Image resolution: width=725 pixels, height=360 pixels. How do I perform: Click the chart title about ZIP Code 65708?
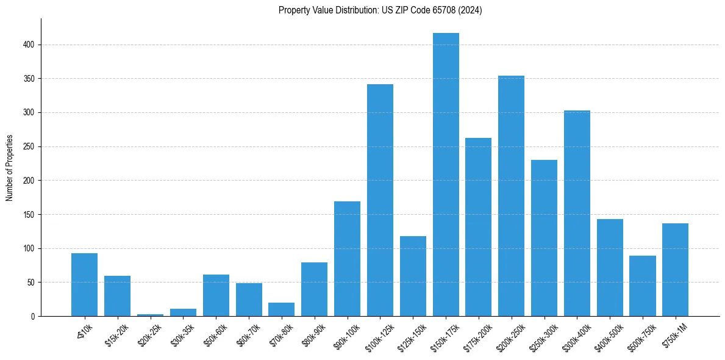pyautogui.click(x=380, y=10)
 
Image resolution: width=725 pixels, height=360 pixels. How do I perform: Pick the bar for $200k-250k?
pyautogui.click(x=511, y=196)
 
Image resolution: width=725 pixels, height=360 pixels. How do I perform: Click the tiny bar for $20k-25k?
pyautogui.click(x=150, y=315)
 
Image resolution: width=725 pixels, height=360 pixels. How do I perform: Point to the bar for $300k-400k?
pyautogui.click(x=577, y=213)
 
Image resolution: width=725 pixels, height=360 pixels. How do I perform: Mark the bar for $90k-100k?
pyautogui.click(x=347, y=259)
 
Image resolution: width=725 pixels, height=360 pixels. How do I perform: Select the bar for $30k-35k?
pyautogui.click(x=183, y=312)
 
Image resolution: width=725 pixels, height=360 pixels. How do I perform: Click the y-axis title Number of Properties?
pyautogui.click(x=10, y=168)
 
